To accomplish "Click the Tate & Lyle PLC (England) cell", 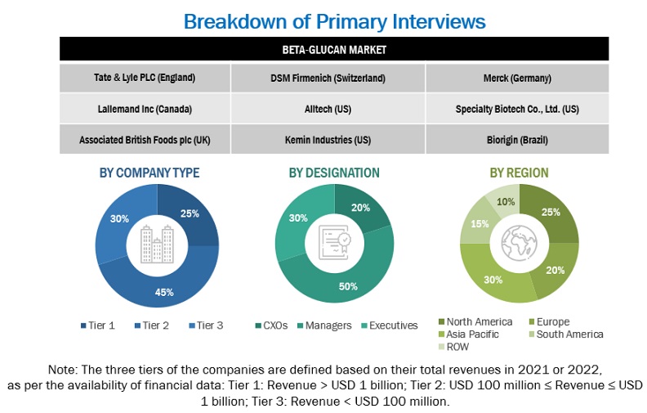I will (x=145, y=79).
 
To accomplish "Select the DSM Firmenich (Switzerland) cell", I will (x=328, y=79).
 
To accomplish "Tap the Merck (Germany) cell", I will (x=516, y=79).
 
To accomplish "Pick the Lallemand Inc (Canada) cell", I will (x=145, y=109).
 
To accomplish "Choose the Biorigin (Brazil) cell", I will (x=516, y=140).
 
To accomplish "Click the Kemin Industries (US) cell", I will (x=328, y=140).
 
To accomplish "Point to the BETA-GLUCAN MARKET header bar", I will (x=334, y=49).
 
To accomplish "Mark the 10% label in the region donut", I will (x=506, y=202).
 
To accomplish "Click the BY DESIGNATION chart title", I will (x=334, y=173).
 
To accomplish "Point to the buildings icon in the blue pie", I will (x=157, y=243).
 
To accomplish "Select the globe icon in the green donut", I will (x=520, y=243).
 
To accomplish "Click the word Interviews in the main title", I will (x=422, y=20).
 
